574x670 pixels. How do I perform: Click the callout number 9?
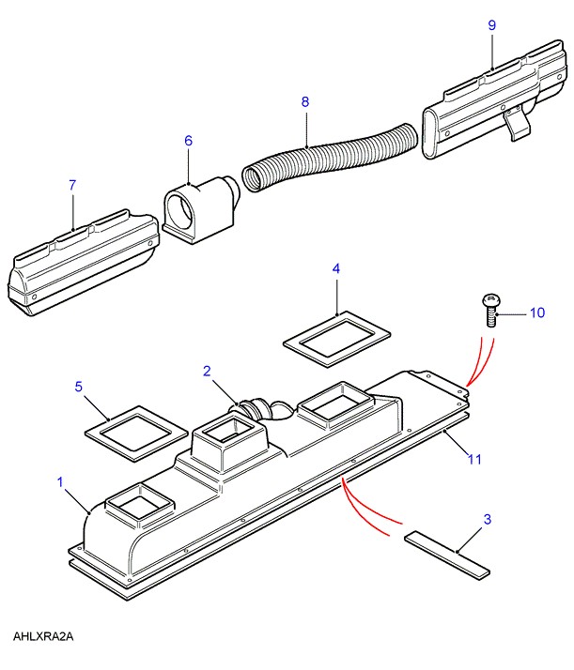click(492, 25)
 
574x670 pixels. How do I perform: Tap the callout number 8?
click(304, 101)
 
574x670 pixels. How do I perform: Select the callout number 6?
click(188, 141)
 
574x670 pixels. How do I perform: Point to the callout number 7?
click(72, 185)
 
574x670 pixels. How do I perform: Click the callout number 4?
click(336, 268)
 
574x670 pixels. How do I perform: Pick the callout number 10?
click(537, 312)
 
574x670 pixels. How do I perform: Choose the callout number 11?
click(474, 460)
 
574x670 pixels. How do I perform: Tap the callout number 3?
click(488, 519)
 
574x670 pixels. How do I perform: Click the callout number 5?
click(78, 387)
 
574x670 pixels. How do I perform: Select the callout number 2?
click(207, 371)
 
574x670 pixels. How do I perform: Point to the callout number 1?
click(60, 482)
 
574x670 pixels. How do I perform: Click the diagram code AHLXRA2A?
click(43, 636)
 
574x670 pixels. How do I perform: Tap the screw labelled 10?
click(492, 311)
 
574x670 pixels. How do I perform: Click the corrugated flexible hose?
click(330, 157)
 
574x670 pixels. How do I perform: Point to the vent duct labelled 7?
click(83, 263)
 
